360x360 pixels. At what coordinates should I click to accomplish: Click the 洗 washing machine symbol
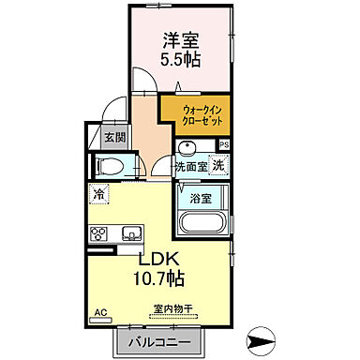click(x=217, y=166)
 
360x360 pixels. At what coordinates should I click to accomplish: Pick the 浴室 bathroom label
click(x=198, y=199)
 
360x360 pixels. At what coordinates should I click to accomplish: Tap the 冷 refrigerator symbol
click(x=97, y=195)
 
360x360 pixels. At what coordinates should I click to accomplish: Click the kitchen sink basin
click(x=127, y=232)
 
